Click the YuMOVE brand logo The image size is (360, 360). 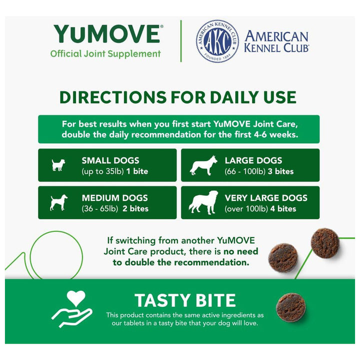pos(107,34)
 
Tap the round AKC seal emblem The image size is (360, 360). pos(217,41)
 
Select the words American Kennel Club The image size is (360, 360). pos(276,41)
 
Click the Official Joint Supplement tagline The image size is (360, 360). pos(105,54)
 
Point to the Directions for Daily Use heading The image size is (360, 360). pos(178,97)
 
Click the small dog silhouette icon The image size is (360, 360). pos(58,165)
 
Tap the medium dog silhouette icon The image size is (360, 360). pos(59,202)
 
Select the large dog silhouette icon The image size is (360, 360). pos(203,165)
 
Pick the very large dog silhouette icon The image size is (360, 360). pos(203,202)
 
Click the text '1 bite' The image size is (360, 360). pos(137,171)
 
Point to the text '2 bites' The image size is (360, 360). pos(135,208)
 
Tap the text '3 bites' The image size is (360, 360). pos(280,171)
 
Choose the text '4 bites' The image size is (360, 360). pos(283,208)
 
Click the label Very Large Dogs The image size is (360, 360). pos(266,198)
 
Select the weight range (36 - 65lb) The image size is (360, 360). pos(100,209)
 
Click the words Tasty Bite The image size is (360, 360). pos(185,300)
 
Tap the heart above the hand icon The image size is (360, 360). pos(76,298)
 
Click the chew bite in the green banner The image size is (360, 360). pos(290,307)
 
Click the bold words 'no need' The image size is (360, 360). pos(241,251)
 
